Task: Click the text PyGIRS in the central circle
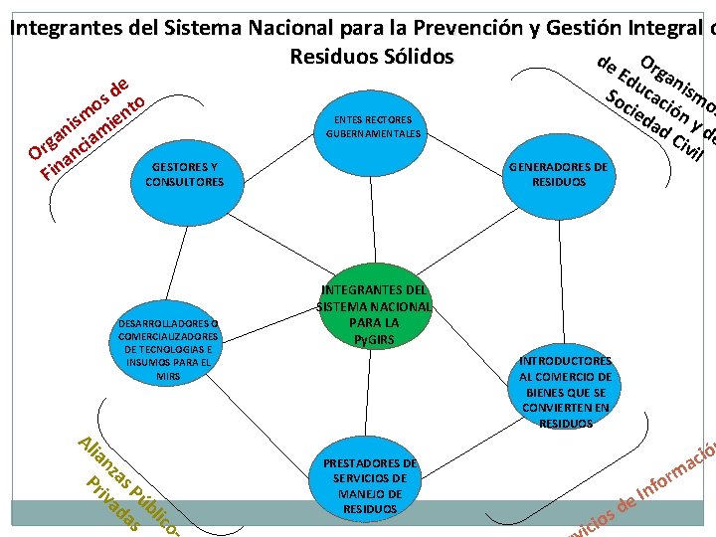pos(374,340)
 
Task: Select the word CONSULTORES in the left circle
pos(185,183)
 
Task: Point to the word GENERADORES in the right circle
pos(556,168)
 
